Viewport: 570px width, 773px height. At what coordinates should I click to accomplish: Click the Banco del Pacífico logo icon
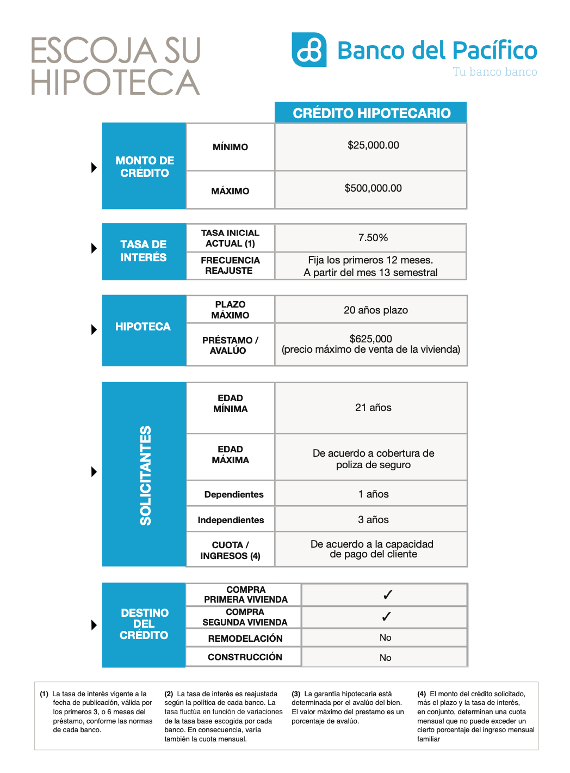point(309,50)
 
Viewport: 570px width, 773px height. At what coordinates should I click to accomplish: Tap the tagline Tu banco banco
point(494,72)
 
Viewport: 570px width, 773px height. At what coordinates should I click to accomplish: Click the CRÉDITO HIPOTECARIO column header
point(371,113)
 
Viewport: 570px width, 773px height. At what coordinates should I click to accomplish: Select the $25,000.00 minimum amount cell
point(373,145)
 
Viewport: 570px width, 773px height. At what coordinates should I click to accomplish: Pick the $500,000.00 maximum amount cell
point(373,188)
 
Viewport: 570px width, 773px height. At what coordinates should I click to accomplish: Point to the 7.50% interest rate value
point(373,238)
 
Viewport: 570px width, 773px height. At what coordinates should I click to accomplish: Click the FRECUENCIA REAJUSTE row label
point(230,266)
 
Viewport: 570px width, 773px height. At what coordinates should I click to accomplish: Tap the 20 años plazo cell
point(375,310)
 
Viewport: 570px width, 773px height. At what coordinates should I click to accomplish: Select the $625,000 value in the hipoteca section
point(371,339)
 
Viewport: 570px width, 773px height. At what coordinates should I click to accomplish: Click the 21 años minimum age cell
point(373,408)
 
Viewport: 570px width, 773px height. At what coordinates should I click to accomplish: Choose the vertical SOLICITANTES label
point(145,475)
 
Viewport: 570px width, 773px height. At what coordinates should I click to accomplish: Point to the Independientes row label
point(231,520)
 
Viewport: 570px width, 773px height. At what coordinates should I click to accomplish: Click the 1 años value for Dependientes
point(373,494)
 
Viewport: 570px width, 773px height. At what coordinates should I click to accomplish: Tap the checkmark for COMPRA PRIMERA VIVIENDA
point(387,595)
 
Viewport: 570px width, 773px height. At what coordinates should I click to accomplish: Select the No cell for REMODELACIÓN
point(385,638)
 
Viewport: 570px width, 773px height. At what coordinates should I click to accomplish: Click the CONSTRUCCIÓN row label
point(245,657)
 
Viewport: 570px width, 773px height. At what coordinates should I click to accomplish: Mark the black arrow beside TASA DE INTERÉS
point(94,248)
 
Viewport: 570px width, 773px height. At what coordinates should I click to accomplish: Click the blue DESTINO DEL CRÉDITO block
point(144,624)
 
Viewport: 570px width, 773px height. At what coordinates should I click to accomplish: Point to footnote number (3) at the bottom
point(296,694)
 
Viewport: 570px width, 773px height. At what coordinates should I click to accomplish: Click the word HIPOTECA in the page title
point(115,82)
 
